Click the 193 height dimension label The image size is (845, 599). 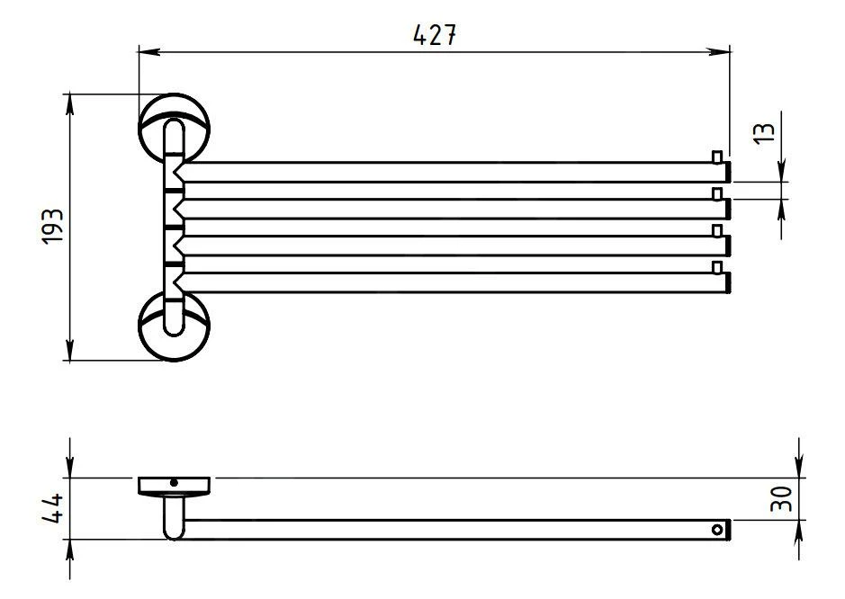coord(52,227)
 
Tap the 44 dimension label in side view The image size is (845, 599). coord(52,509)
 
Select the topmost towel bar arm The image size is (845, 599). coord(450,171)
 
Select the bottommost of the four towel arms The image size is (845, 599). coord(450,282)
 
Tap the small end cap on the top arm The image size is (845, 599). coord(716,157)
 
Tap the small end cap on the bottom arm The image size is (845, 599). coord(716,268)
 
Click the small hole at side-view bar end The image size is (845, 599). coord(717,530)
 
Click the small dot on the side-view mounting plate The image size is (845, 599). coord(174,484)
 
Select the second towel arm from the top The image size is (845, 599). coord(450,208)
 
